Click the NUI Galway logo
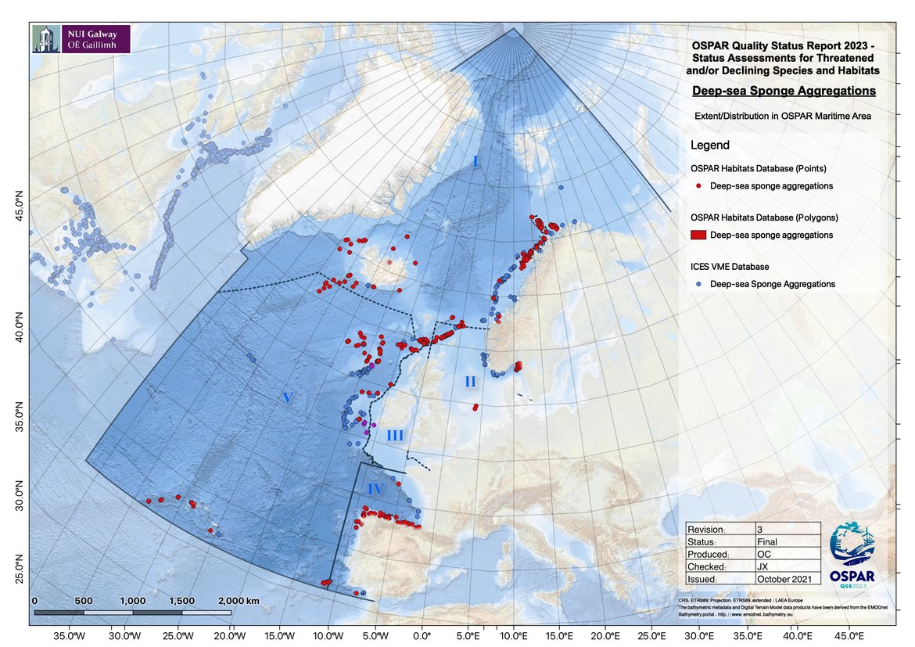point(80,38)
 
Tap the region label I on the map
point(475,161)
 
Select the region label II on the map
point(470,382)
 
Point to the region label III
point(396,436)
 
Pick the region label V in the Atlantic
point(287,398)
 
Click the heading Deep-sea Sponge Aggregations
point(784,92)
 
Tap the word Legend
point(710,146)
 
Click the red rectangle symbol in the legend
point(698,235)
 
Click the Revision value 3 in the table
point(760,529)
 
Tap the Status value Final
point(767,541)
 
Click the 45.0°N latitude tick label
point(20,207)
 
